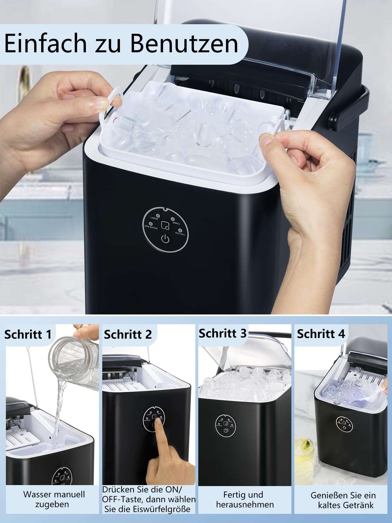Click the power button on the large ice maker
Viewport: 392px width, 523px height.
(x=166, y=239)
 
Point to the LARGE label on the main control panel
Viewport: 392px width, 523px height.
(x=154, y=218)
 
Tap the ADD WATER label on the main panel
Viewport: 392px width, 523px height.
(x=151, y=228)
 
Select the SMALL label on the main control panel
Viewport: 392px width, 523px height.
(x=176, y=223)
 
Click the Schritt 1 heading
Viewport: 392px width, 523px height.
(x=28, y=334)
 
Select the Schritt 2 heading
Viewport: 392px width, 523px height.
(x=128, y=334)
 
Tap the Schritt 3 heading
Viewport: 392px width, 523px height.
(x=222, y=333)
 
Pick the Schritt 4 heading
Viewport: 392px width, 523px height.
(x=321, y=334)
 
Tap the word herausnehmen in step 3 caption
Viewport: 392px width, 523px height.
(x=245, y=504)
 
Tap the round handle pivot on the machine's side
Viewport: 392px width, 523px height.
(x=333, y=118)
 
